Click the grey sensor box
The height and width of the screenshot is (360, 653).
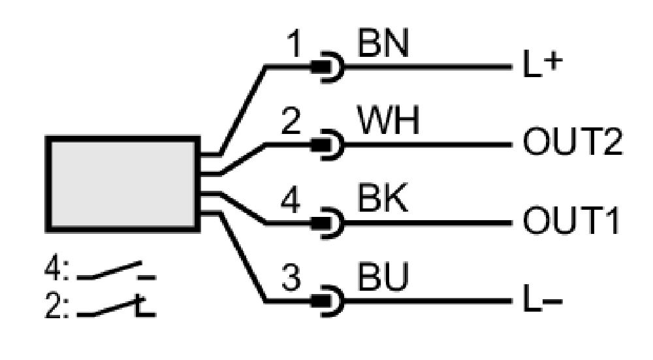[123, 184]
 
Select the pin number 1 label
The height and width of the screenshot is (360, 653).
[294, 44]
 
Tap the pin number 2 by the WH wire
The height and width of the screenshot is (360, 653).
[291, 121]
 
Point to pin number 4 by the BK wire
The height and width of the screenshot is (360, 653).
[291, 199]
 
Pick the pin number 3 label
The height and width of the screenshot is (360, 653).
[291, 278]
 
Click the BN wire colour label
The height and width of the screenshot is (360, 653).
[383, 43]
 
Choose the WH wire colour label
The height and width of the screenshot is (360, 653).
[388, 120]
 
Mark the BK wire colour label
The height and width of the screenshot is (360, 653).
[382, 199]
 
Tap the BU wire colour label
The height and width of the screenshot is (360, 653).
[383, 276]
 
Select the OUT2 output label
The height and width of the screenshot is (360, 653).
[573, 142]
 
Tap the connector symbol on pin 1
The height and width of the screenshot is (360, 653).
[328, 67]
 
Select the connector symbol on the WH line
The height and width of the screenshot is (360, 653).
[328, 144]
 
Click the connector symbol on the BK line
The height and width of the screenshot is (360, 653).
[328, 223]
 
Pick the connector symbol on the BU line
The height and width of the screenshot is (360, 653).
[328, 301]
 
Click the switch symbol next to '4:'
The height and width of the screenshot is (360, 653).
[116, 271]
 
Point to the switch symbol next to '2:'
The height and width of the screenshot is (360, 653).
[116, 308]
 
